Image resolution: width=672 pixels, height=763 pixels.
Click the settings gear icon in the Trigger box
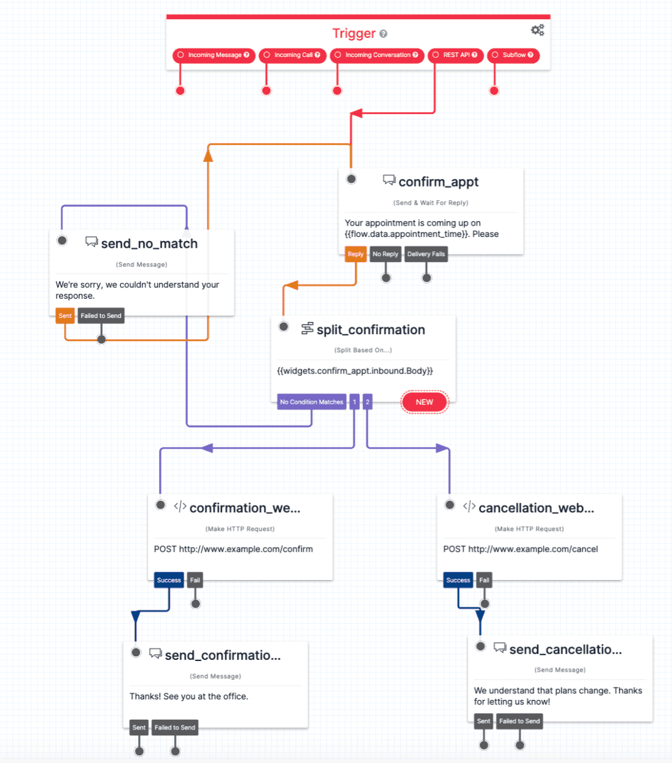tap(537, 30)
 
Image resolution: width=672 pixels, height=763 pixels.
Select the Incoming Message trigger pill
tap(214, 55)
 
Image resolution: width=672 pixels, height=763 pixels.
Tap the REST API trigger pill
tap(455, 55)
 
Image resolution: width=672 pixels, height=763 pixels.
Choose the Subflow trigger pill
tap(513, 55)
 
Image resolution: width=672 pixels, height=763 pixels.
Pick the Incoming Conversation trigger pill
tap(377, 55)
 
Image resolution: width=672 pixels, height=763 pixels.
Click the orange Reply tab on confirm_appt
tap(355, 254)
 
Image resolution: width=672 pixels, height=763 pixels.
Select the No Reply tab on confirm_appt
tap(385, 254)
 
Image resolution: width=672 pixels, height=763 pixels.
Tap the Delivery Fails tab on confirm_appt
tap(426, 254)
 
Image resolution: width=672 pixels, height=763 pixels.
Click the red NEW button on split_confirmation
tap(424, 402)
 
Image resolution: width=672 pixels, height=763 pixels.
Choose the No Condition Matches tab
tap(311, 402)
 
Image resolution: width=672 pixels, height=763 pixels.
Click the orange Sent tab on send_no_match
tap(65, 316)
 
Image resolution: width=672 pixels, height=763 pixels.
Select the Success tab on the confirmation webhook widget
tap(169, 580)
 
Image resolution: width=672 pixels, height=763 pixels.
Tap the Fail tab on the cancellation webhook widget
tap(484, 580)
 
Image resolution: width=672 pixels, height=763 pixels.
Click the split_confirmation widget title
tap(370, 330)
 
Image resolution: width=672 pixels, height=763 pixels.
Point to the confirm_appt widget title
tap(438, 182)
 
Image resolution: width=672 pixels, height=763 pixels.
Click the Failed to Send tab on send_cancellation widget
tap(520, 721)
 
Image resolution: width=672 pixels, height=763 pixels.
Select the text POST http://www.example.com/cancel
tap(520, 549)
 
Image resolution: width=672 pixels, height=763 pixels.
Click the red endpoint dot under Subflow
tap(494, 91)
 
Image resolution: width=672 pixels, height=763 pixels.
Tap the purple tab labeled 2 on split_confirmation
tap(367, 402)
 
